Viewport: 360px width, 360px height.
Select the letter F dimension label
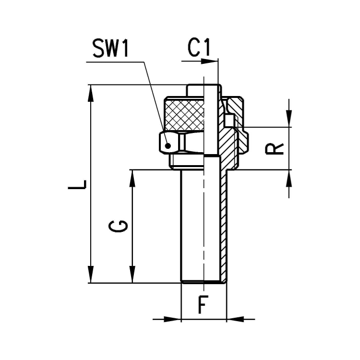[x=204, y=304]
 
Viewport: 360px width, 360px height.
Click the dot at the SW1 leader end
[x=168, y=145]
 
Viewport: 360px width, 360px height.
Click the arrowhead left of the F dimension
[x=173, y=319]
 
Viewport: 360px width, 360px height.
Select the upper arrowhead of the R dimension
[x=289, y=120]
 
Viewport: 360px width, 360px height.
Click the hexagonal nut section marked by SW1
[x=173, y=143]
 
